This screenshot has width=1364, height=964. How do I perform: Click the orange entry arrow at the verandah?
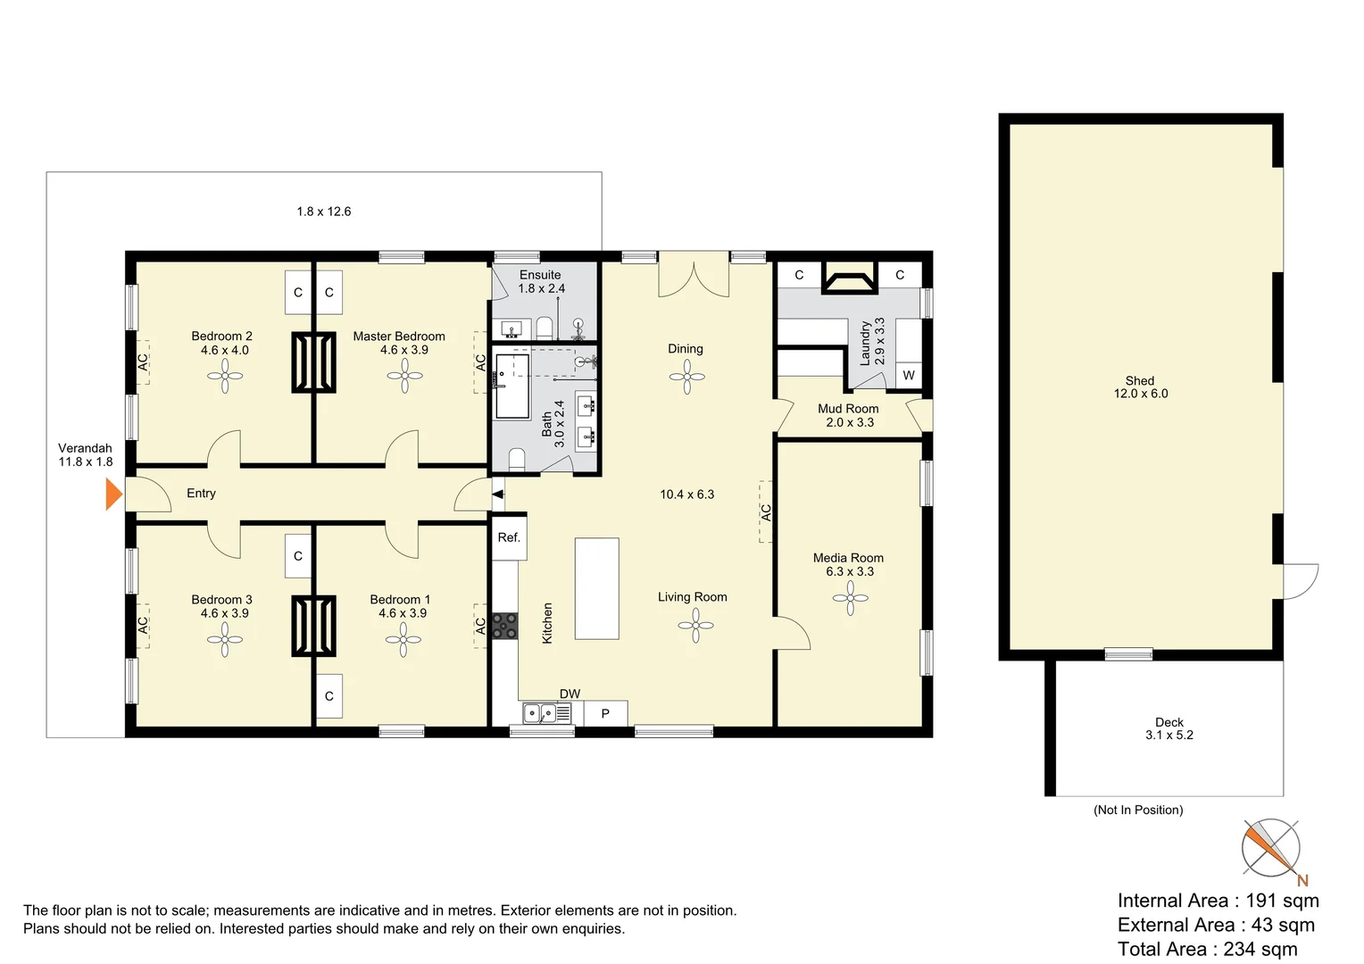pyautogui.click(x=113, y=494)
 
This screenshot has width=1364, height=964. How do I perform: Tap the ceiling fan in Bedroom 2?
pyautogui.click(x=225, y=376)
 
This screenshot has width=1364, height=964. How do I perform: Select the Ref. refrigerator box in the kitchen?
pyautogui.click(x=509, y=537)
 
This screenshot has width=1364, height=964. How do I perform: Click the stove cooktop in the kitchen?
pyautogui.click(x=504, y=625)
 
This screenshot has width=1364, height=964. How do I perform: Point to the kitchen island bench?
pyautogui.click(x=596, y=588)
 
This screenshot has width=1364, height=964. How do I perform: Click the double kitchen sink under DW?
pyautogui.click(x=546, y=713)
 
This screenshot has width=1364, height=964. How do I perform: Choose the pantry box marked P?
pyautogui.click(x=605, y=713)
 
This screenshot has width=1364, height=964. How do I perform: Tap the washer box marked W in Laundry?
pyautogui.click(x=908, y=375)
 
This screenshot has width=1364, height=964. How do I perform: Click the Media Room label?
pyautogui.click(x=848, y=558)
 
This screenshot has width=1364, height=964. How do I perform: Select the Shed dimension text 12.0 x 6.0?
pyautogui.click(x=1140, y=394)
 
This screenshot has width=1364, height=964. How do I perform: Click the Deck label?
pyautogui.click(x=1169, y=722)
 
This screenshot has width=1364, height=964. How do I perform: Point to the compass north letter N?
pyautogui.click(x=1302, y=880)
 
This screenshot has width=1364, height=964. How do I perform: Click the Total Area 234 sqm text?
pyautogui.click(x=1207, y=949)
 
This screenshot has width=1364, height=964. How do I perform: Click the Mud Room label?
pyautogui.click(x=848, y=409)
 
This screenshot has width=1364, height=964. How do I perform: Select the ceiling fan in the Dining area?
pyautogui.click(x=686, y=377)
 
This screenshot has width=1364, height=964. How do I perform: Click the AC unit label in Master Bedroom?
pyautogui.click(x=480, y=362)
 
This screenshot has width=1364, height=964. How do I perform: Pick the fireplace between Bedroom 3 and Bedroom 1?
pyautogui.click(x=313, y=626)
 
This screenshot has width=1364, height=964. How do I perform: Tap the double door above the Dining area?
pyautogui.click(x=694, y=275)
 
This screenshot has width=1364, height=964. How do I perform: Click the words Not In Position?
pyautogui.click(x=1138, y=810)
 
